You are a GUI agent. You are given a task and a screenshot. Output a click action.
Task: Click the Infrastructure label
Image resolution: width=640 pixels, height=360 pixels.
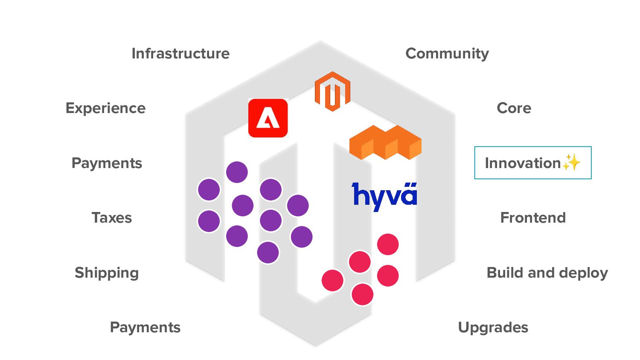click(180, 54)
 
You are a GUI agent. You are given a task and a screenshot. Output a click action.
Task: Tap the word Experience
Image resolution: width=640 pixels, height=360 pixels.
click(105, 108)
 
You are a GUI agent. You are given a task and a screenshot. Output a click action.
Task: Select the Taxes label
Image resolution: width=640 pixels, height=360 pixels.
click(112, 218)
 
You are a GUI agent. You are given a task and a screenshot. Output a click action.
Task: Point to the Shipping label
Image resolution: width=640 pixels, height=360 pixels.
click(107, 273)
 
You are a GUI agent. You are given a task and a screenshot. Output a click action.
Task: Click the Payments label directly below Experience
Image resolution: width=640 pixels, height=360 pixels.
click(107, 163)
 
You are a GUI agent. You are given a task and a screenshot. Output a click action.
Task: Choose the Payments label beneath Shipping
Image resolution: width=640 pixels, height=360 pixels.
click(145, 328)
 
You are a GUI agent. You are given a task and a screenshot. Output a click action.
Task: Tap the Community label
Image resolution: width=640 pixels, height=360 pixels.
click(447, 54)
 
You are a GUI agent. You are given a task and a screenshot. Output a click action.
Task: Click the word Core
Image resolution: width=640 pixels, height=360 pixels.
click(514, 108)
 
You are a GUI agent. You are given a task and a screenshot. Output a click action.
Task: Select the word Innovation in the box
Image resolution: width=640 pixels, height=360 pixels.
click(523, 163)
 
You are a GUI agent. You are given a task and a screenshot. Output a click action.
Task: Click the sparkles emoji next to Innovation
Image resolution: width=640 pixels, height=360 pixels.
click(572, 163)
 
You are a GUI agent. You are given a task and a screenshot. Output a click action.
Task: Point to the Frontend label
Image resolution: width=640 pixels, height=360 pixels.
click(533, 218)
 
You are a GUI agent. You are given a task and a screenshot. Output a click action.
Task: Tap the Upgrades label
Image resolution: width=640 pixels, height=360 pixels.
click(493, 328)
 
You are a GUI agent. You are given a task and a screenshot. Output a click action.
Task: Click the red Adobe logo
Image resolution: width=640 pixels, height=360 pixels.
click(268, 118)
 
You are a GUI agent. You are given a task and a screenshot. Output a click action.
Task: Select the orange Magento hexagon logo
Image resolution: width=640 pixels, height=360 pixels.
click(332, 91)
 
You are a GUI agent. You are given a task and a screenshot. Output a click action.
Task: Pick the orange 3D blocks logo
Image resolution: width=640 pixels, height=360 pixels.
click(385, 142)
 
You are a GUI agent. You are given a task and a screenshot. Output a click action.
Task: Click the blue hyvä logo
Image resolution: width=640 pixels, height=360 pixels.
click(384, 196)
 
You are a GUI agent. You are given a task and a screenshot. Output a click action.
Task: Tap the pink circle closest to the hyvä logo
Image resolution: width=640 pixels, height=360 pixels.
click(388, 244)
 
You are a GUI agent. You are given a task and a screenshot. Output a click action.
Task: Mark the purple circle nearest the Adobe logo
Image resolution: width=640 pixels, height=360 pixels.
click(237, 172)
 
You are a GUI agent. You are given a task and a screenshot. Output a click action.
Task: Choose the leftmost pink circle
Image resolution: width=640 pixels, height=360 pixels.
click(332, 280)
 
